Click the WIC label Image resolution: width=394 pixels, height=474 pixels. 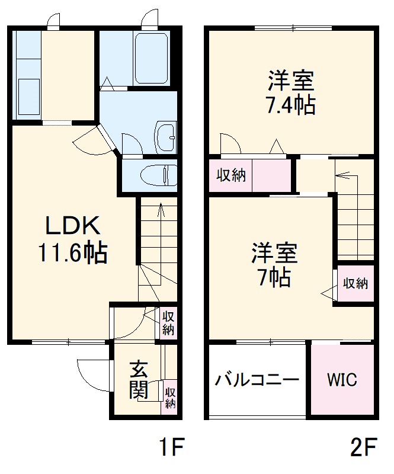(342, 380)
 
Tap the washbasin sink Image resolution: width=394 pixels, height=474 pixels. (166, 137)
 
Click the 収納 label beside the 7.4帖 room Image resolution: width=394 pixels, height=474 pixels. (230, 176)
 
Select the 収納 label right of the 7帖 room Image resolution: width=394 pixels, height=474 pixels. (355, 283)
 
